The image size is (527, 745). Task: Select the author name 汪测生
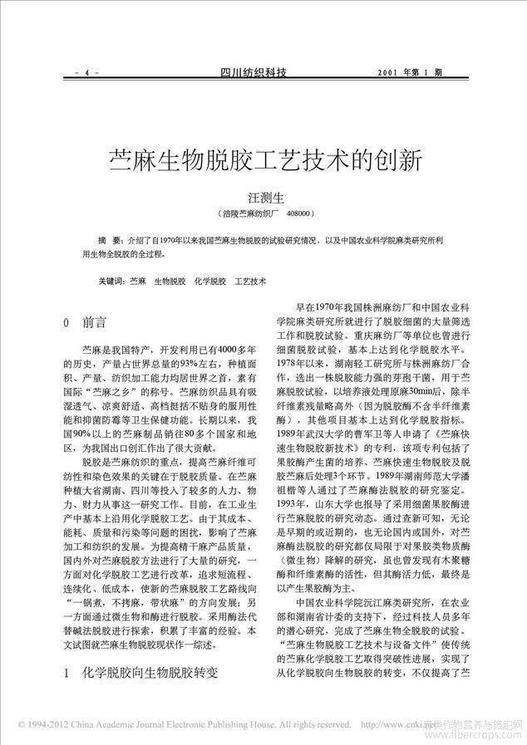[262, 198]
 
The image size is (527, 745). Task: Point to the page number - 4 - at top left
[86, 73]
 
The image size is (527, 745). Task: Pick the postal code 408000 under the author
[297, 213]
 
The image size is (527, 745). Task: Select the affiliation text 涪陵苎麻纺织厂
[246, 213]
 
